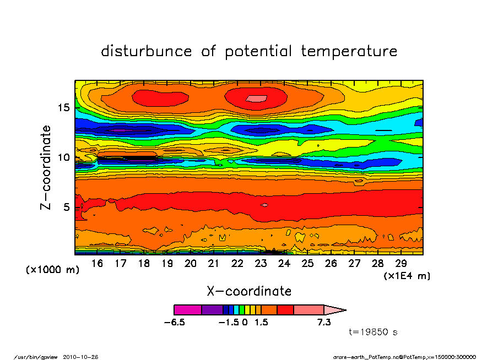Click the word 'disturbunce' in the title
click(x=147, y=51)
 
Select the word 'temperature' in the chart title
click(x=349, y=52)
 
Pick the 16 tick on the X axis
click(x=97, y=264)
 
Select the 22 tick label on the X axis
click(x=237, y=264)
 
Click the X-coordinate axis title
click(x=249, y=291)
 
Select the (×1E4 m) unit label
click(x=407, y=275)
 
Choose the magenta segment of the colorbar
click(x=188, y=310)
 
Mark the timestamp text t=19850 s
click(x=373, y=332)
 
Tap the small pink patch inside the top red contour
click(x=256, y=98)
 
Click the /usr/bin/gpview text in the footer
click(x=40, y=356)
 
